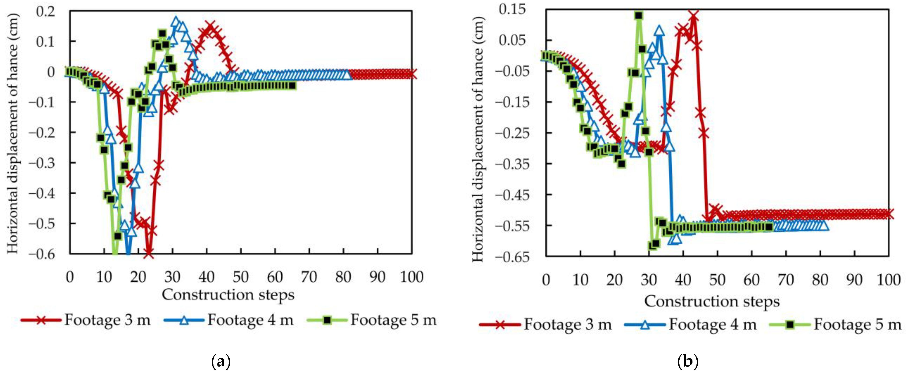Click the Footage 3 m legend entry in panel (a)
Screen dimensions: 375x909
[x=86, y=320]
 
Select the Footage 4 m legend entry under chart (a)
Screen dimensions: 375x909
[x=229, y=320]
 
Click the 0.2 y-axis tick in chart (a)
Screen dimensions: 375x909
[x=46, y=11]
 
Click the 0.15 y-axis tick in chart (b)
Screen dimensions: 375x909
[x=512, y=10]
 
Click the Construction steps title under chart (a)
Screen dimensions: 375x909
[x=228, y=294]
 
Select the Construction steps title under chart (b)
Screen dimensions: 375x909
[x=712, y=301]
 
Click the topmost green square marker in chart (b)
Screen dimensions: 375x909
[x=638, y=15]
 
